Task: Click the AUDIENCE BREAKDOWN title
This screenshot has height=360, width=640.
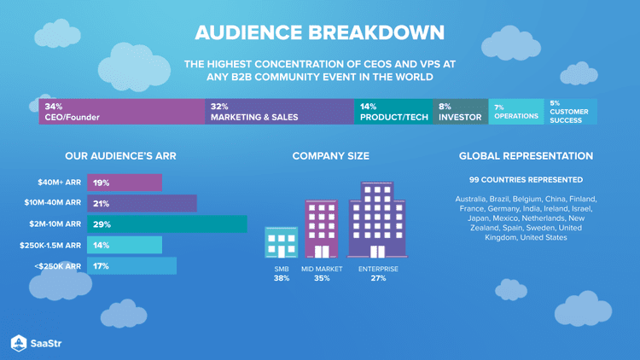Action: [x=319, y=33]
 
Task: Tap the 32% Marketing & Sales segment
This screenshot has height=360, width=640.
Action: [x=279, y=112]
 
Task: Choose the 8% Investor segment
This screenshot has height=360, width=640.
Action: [x=460, y=112]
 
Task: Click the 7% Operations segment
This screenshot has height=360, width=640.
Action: [x=515, y=112]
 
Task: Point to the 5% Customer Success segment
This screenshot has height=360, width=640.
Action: [x=570, y=112]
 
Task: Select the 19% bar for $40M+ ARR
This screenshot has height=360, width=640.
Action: [x=124, y=183]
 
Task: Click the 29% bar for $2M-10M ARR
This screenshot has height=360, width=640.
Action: [x=166, y=224]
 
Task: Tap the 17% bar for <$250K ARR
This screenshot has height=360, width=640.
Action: [x=131, y=266]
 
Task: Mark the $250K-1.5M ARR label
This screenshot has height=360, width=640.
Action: [x=50, y=246]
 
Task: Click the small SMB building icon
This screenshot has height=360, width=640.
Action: [x=281, y=242]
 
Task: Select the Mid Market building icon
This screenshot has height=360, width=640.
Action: [x=322, y=229]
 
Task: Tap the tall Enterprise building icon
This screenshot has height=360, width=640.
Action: [x=377, y=220]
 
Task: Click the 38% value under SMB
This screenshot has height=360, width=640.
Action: [x=281, y=278]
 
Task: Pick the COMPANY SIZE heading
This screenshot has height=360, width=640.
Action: [x=330, y=156]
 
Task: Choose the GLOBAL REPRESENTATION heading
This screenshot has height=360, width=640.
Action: [x=526, y=156]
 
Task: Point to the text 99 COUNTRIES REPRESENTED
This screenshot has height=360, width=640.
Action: [x=526, y=180]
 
